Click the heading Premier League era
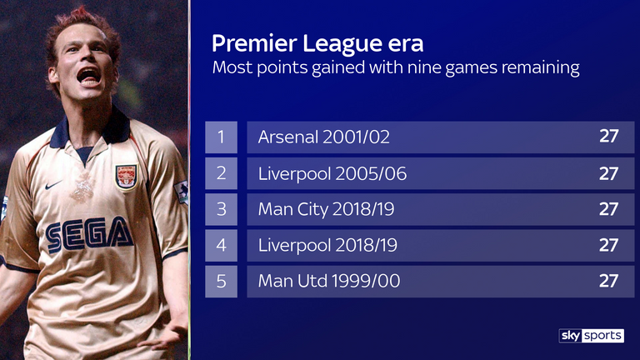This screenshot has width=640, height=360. tap(317, 44)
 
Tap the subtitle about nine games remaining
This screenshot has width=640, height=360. tap(396, 67)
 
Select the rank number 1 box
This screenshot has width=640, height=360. tap(221, 137)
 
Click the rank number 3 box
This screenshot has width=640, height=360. tap(221, 209)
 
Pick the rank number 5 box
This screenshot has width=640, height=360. tap(221, 281)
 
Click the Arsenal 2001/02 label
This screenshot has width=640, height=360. tap(323, 137)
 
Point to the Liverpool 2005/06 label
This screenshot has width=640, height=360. tap(332, 174)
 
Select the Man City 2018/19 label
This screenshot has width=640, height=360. tap(326, 209)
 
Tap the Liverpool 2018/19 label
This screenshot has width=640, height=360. tap(327, 245)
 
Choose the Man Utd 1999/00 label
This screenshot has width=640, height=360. tap(329, 281)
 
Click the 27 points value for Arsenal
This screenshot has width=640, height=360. tap(608, 137)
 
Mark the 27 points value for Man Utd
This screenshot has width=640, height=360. tap(608, 281)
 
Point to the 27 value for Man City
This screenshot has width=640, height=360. tap(608, 209)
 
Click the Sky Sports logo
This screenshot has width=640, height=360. tap(591, 336)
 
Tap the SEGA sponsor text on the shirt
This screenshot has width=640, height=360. tap(89, 235)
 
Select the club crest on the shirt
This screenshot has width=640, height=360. tap(126, 177)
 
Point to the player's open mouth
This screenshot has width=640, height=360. tap(88, 77)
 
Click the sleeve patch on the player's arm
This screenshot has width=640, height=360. tap(182, 192)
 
